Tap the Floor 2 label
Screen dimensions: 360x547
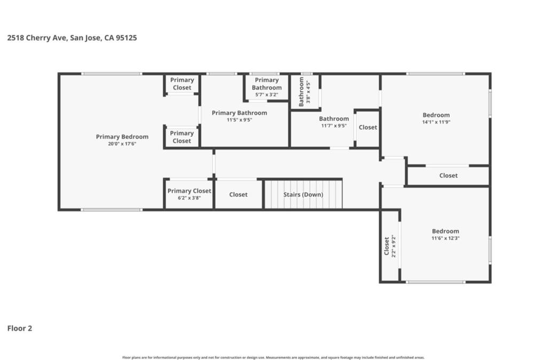(20, 328)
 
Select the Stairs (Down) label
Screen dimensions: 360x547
(303, 194)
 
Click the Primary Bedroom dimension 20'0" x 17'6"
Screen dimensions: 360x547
(122, 144)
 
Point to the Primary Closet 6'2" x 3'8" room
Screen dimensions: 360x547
(189, 194)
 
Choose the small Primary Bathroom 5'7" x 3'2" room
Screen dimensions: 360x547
(267, 88)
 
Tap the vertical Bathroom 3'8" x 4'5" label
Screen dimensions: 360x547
(304, 92)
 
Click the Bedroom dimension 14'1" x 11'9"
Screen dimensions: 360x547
(436, 122)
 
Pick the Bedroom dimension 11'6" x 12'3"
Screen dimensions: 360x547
(446, 238)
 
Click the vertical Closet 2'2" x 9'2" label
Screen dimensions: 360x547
(390, 246)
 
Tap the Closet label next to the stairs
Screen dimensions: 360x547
(238, 194)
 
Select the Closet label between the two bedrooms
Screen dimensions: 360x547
(448, 175)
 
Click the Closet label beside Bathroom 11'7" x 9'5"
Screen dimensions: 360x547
(368, 127)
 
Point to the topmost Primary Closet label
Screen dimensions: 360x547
(182, 84)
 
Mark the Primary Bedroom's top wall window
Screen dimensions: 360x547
(112, 74)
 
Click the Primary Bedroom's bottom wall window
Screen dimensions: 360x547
(112, 209)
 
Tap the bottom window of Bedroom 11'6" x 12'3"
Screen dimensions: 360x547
(435, 281)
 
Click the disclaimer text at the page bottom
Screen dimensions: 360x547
(273, 357)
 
